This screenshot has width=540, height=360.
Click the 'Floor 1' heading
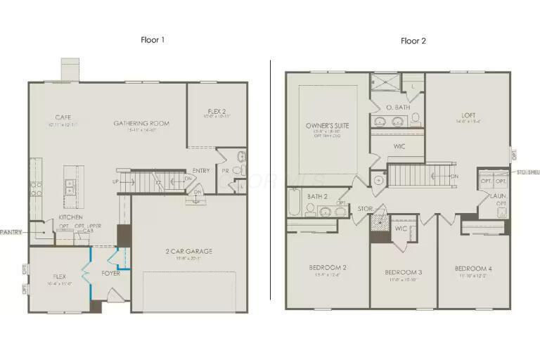(x=153, y=40)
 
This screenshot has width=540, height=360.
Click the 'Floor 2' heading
(x=413, y=41)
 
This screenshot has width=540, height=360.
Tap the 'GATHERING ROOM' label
(x=141, y=124)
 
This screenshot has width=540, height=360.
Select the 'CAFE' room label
(x=63, y=117)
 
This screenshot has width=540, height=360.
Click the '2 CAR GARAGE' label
(x=188, y=251)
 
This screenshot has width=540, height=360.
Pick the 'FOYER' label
(x=110, y=273)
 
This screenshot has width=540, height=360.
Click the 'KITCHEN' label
(x=70, y=217)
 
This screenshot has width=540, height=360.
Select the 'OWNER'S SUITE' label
(x=327, y=125)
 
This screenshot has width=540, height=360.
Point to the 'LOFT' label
(x=468, y=115)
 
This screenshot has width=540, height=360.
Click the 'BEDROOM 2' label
(x=327, y=267)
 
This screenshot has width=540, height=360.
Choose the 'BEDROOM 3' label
(x=403, y=272)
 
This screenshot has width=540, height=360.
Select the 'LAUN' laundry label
(x=497, y=196)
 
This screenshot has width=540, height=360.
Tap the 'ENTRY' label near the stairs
(x=201, y=170)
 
